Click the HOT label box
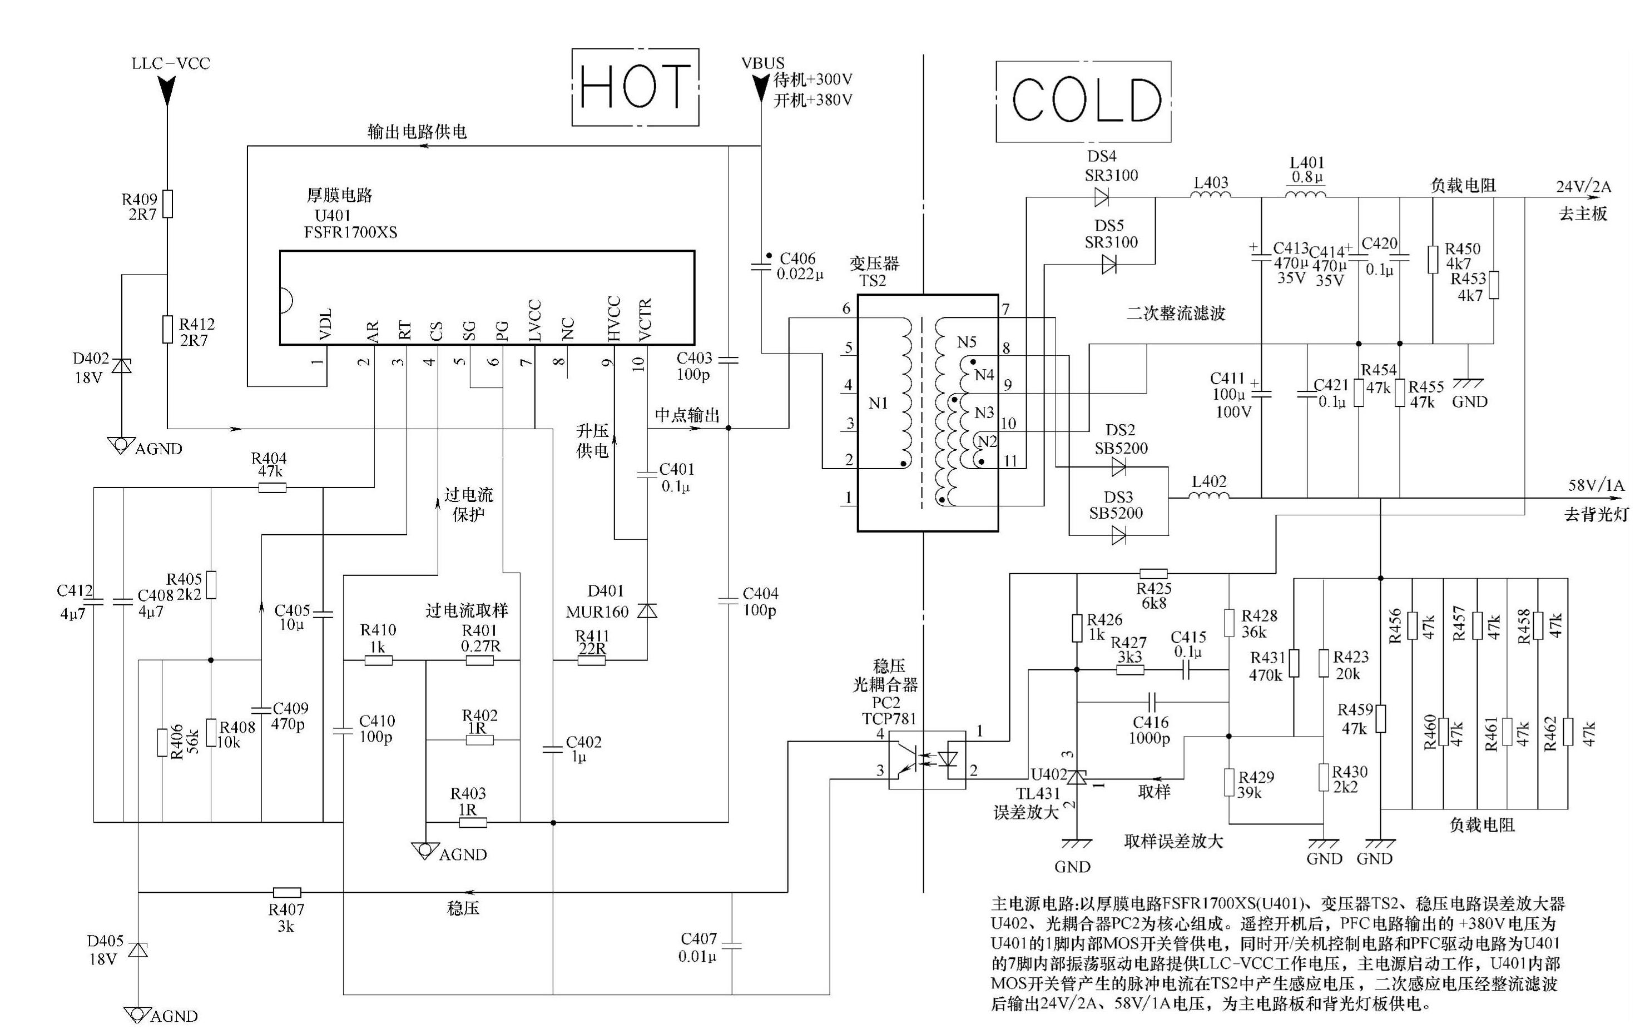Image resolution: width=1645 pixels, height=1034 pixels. click(635, 87)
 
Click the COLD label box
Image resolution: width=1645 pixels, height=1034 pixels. click(1083, 101)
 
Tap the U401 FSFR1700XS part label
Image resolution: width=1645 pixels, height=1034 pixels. click(350, 223)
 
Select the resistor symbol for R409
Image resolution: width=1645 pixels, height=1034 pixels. click(167, 203)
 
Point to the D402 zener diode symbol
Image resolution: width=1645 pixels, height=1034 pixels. click(122, 366)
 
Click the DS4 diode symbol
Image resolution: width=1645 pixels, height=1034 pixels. click(1101, 198)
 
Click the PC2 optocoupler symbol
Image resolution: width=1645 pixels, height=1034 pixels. click(927, 759)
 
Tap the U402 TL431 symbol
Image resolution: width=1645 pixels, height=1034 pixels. click(1077, 777)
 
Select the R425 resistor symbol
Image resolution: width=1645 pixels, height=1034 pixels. click(1153, 574)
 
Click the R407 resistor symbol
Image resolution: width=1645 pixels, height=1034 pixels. click(287, 892)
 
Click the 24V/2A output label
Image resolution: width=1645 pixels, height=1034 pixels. click(1583, 186)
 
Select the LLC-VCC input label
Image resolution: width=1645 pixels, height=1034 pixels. click(171, 63)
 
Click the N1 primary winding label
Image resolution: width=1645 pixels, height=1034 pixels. click(878, 404)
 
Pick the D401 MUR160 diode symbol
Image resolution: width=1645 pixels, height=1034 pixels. click(647, 610)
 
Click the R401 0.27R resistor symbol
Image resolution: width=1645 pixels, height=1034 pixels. click(479, 660)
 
